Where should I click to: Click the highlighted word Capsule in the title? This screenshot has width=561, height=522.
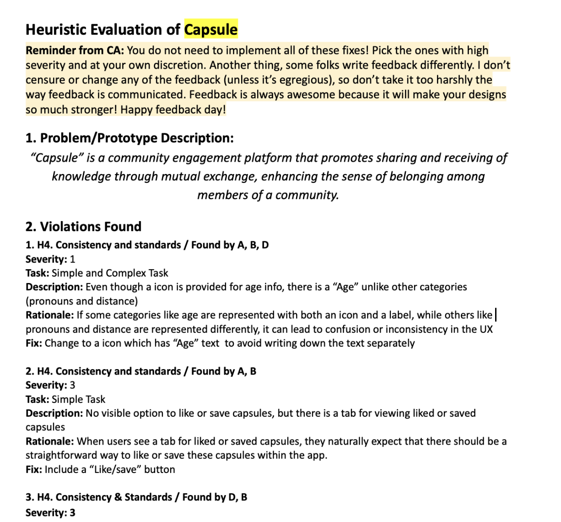[x=211, y=29]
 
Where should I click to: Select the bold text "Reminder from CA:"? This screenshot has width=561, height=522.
[x=75, y=50]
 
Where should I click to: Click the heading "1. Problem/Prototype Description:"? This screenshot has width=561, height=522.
[x=129, y=138]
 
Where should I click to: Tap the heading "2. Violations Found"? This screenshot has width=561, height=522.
[x=83, y=227]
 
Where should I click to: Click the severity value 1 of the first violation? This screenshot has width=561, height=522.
[x=72, y=259]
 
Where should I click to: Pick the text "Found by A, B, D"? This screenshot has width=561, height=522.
[x=230, y=245]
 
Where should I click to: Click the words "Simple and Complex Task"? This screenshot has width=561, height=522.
[x=110, y=273]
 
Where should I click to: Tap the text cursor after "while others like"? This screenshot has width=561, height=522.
[x=496, y=315]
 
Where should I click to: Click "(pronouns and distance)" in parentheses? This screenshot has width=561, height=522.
[x=81, y=301]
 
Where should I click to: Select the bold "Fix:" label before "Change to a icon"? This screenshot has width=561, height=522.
[x=34, y=343]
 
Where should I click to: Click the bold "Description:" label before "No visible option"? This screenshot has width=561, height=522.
[x=54, y=413]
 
